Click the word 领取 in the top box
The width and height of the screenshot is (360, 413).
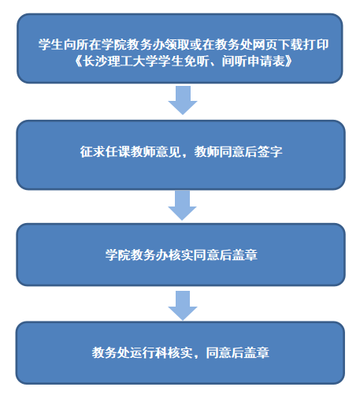click(177, 44)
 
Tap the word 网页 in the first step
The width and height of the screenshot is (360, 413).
click(265, 44)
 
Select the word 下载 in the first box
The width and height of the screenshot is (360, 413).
click(291, 44)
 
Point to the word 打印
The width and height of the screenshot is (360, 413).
click(316, 44)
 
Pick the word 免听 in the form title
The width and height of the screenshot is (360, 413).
click(196, 61)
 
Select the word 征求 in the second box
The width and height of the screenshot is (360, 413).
click(92, 151)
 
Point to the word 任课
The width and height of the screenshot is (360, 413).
click(117, 151)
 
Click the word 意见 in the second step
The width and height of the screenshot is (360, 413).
click(168, 151)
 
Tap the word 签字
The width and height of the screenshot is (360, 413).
click(269, 151)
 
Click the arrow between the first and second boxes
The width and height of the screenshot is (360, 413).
click(183, 100)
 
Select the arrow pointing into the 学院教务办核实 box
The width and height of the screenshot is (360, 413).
click(183, 206)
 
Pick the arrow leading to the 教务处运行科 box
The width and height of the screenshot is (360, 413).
click(183, 306)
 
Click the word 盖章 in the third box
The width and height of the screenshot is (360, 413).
click(245, 255)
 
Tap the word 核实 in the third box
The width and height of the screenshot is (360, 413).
click(181, 255)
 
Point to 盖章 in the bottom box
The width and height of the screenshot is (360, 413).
click(257, 352)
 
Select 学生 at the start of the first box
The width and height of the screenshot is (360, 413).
click(50, 44)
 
